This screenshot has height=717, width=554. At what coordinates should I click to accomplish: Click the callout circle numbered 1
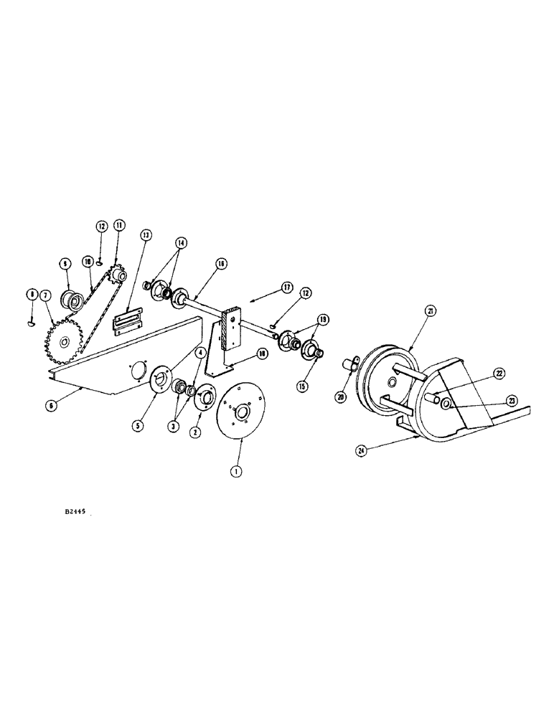234,471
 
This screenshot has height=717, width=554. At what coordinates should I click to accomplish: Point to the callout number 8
32,293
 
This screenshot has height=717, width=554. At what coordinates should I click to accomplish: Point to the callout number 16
220,265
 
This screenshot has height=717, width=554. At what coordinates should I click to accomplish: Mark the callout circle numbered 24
362,451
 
